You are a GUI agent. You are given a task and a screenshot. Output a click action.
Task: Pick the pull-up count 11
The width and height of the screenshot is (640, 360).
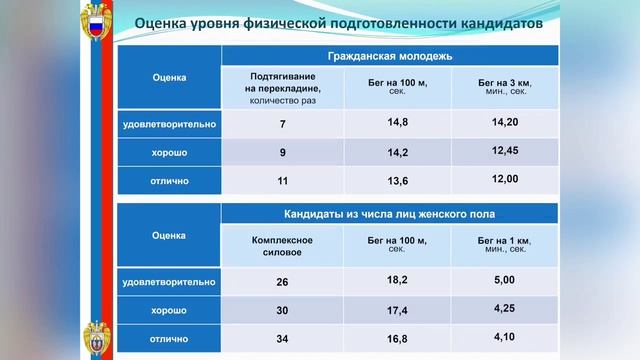tap(282, 182)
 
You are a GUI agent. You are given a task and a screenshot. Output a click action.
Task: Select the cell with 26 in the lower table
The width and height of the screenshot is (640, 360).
tap(282, 282)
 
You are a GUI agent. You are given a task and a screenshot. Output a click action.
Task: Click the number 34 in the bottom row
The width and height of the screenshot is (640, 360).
tap(282, 339)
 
